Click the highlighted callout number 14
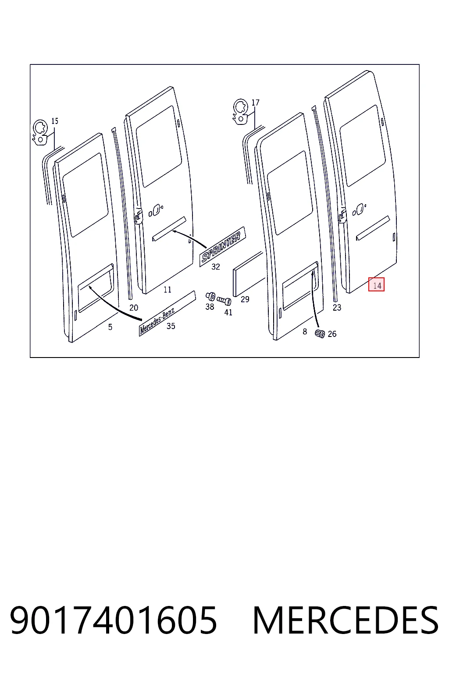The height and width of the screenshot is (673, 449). tap(377, 284)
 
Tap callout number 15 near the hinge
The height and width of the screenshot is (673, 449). tap(55, 121)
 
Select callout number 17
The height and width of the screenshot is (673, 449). tap(255, 103)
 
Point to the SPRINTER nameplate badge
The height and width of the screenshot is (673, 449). tap(223, 246)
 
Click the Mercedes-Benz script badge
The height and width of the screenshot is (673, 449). tap(167, 313)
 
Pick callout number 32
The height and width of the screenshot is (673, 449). tap(216, 266)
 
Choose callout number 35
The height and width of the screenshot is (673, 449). tap(171, 326)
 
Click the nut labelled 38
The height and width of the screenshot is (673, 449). tap(210, 296)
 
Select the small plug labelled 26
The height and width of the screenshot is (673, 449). tap(320, 333)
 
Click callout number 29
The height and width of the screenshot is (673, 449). tap(245, 299)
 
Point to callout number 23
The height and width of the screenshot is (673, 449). tap(337, 307)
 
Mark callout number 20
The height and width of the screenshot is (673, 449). tap(134, 308)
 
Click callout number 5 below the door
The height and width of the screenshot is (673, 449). tap(110, 327)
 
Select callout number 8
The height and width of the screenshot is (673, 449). tap(305, 331)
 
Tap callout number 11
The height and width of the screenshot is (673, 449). tap(167, 290)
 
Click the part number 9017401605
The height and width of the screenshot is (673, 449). tap(114, 620)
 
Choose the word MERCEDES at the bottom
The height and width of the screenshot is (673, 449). tap(346, 620)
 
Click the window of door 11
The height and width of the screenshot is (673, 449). tap(159, 146)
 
